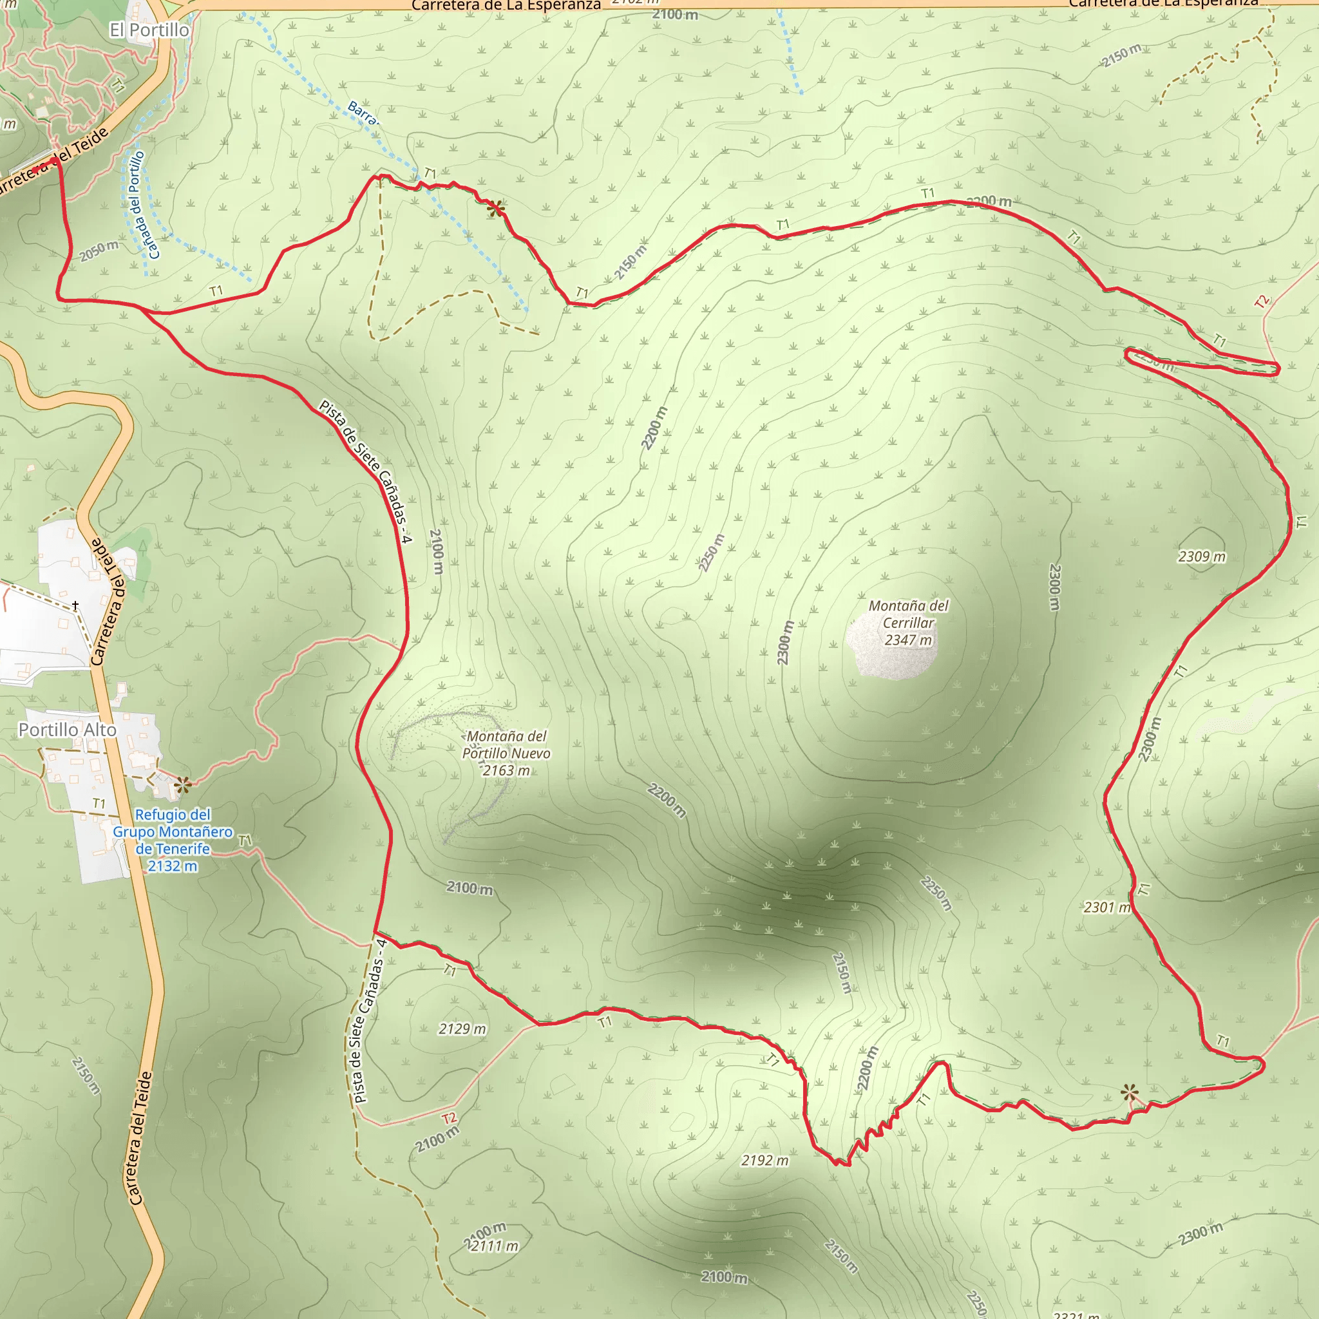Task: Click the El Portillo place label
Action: pos(149,30)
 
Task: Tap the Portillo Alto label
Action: pos(67,730)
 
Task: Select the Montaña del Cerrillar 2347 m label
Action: pos(908,623)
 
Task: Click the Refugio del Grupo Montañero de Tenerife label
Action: pos(173,840)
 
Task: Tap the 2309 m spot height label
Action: pos(1202,556)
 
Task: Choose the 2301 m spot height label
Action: pos(1106,907)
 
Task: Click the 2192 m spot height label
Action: pos(764,1161)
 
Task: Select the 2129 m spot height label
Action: pos(462,1029)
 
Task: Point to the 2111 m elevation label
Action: pos(494,1247)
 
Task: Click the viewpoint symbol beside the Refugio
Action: pos(182,785)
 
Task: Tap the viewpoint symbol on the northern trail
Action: pos(497,208)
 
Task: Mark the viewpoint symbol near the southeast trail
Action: pos(1130,1092)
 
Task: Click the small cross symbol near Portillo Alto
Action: pos(75,605)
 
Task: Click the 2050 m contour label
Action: pos(99,251)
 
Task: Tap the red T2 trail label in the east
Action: pos(1262,301)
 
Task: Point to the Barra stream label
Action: pos(362,113)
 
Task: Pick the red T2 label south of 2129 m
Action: pos(448,1118)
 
